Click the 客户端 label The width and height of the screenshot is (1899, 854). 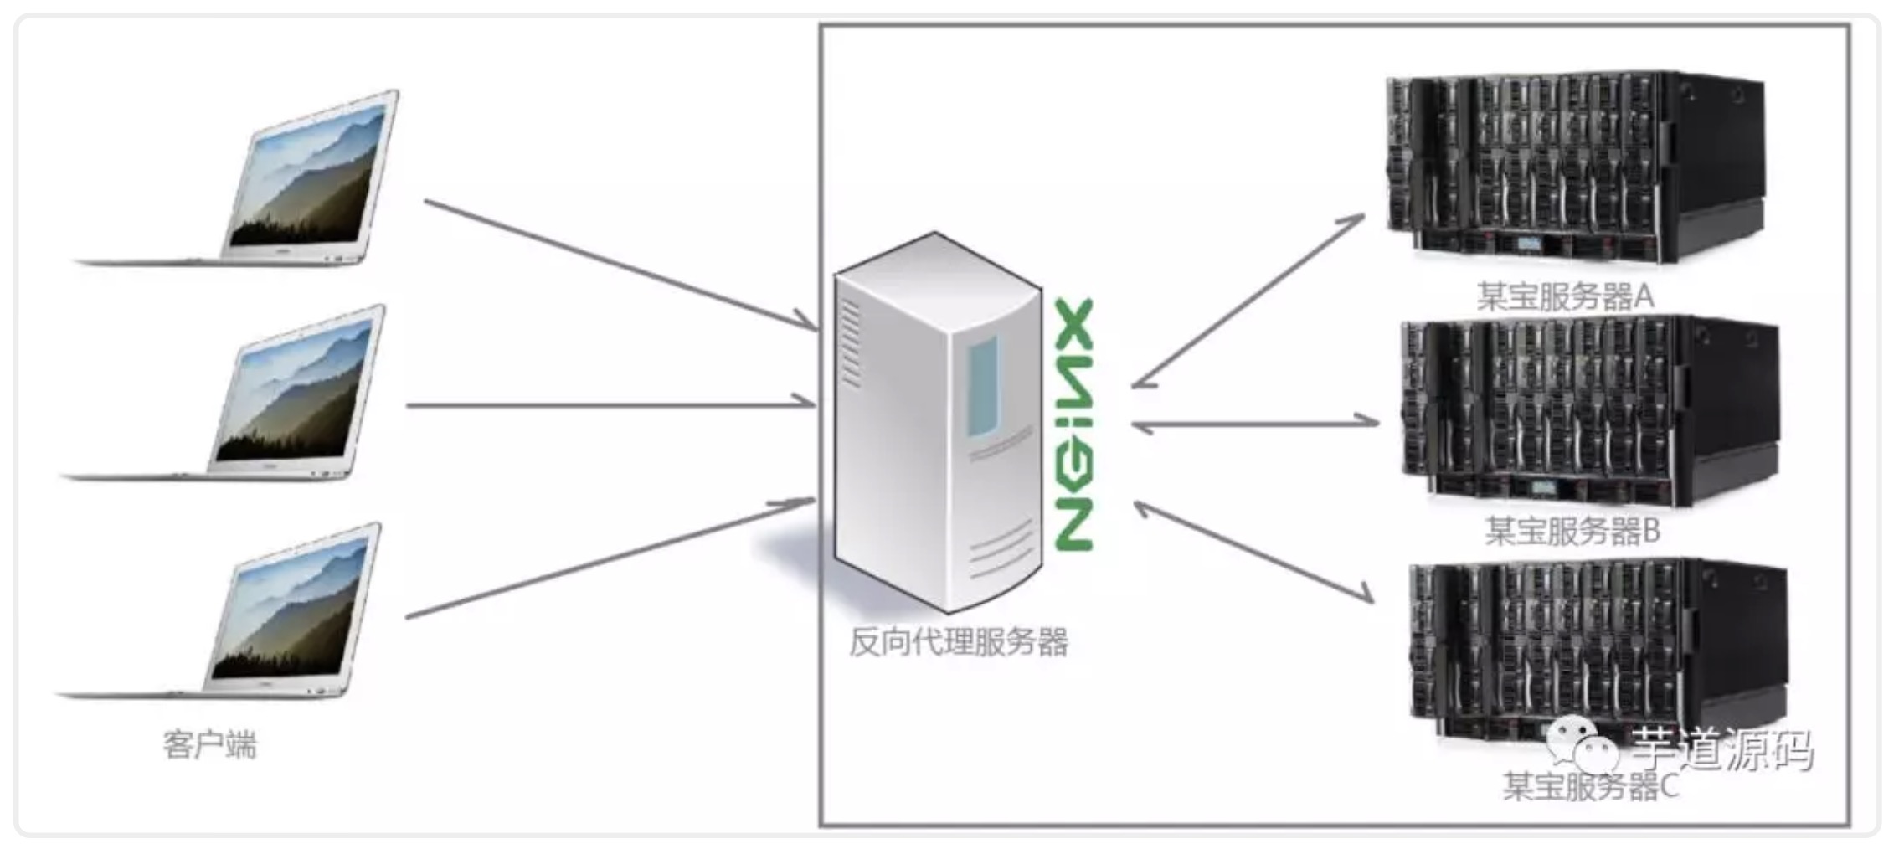[210, 744]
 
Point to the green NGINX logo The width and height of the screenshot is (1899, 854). [1073, 424]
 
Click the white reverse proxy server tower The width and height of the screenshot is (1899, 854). [938, 423]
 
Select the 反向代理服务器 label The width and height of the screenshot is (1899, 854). [959, 642]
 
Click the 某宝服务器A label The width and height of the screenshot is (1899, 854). [1565, 296]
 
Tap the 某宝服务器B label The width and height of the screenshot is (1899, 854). [1572, 531]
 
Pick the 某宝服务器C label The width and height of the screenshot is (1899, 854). [1591, 786]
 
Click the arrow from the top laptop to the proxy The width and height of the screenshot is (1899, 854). [620, 265]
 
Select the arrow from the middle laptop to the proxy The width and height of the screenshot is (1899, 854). [610, 404]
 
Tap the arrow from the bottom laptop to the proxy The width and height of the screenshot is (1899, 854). [610, 558]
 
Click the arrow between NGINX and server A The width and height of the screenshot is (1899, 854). [1248, 301]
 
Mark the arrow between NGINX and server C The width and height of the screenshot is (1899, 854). [1253, 552]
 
